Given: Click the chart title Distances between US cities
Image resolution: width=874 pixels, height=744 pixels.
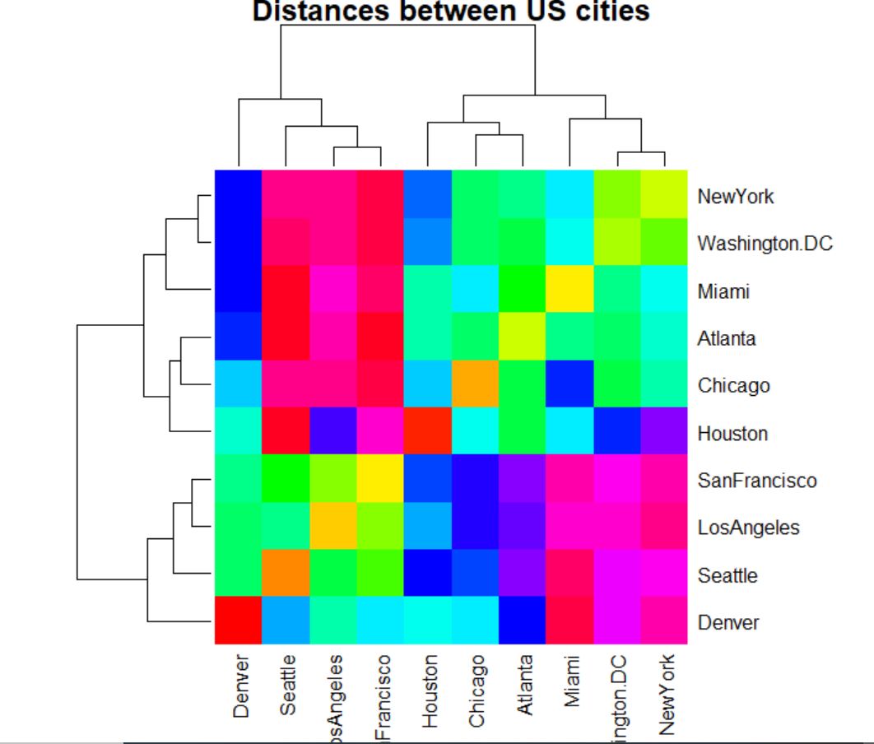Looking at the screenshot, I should point(450,11).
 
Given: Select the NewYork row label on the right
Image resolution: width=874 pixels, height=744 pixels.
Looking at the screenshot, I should point(736,197).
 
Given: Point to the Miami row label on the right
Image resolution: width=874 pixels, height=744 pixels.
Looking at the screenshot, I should point(723,292).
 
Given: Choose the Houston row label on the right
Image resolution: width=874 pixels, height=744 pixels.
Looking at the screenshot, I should point(732,434).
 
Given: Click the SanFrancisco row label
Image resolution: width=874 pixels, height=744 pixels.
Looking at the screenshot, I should point(756,481).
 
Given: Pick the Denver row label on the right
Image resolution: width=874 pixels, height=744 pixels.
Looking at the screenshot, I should point(728,622).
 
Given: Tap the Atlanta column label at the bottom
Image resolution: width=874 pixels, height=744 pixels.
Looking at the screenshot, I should point(523,693).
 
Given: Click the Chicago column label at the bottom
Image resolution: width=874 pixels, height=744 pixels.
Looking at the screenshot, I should point(476,692).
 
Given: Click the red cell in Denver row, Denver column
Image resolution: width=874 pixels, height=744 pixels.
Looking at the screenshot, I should point(239,621).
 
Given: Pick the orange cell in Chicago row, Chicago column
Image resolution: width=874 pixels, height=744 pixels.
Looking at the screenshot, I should point(476,384).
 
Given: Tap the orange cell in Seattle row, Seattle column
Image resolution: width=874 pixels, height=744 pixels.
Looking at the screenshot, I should point(286,574).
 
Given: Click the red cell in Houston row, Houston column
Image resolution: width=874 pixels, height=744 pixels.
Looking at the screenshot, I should point(428,432).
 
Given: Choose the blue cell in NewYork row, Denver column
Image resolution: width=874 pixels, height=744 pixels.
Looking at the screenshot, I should point(239,195).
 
